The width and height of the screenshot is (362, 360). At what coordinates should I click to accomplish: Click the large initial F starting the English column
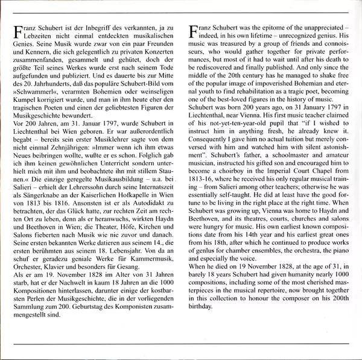pos(193,31)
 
